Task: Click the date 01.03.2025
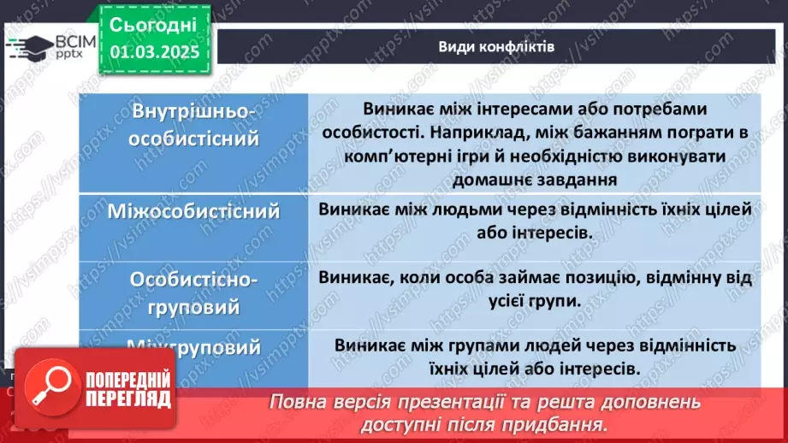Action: (154, 52)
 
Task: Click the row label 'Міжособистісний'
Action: (194, 210)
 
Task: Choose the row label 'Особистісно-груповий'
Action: (194, 292)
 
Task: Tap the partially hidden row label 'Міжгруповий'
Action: (194, 347)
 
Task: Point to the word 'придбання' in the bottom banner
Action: (567, 424)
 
